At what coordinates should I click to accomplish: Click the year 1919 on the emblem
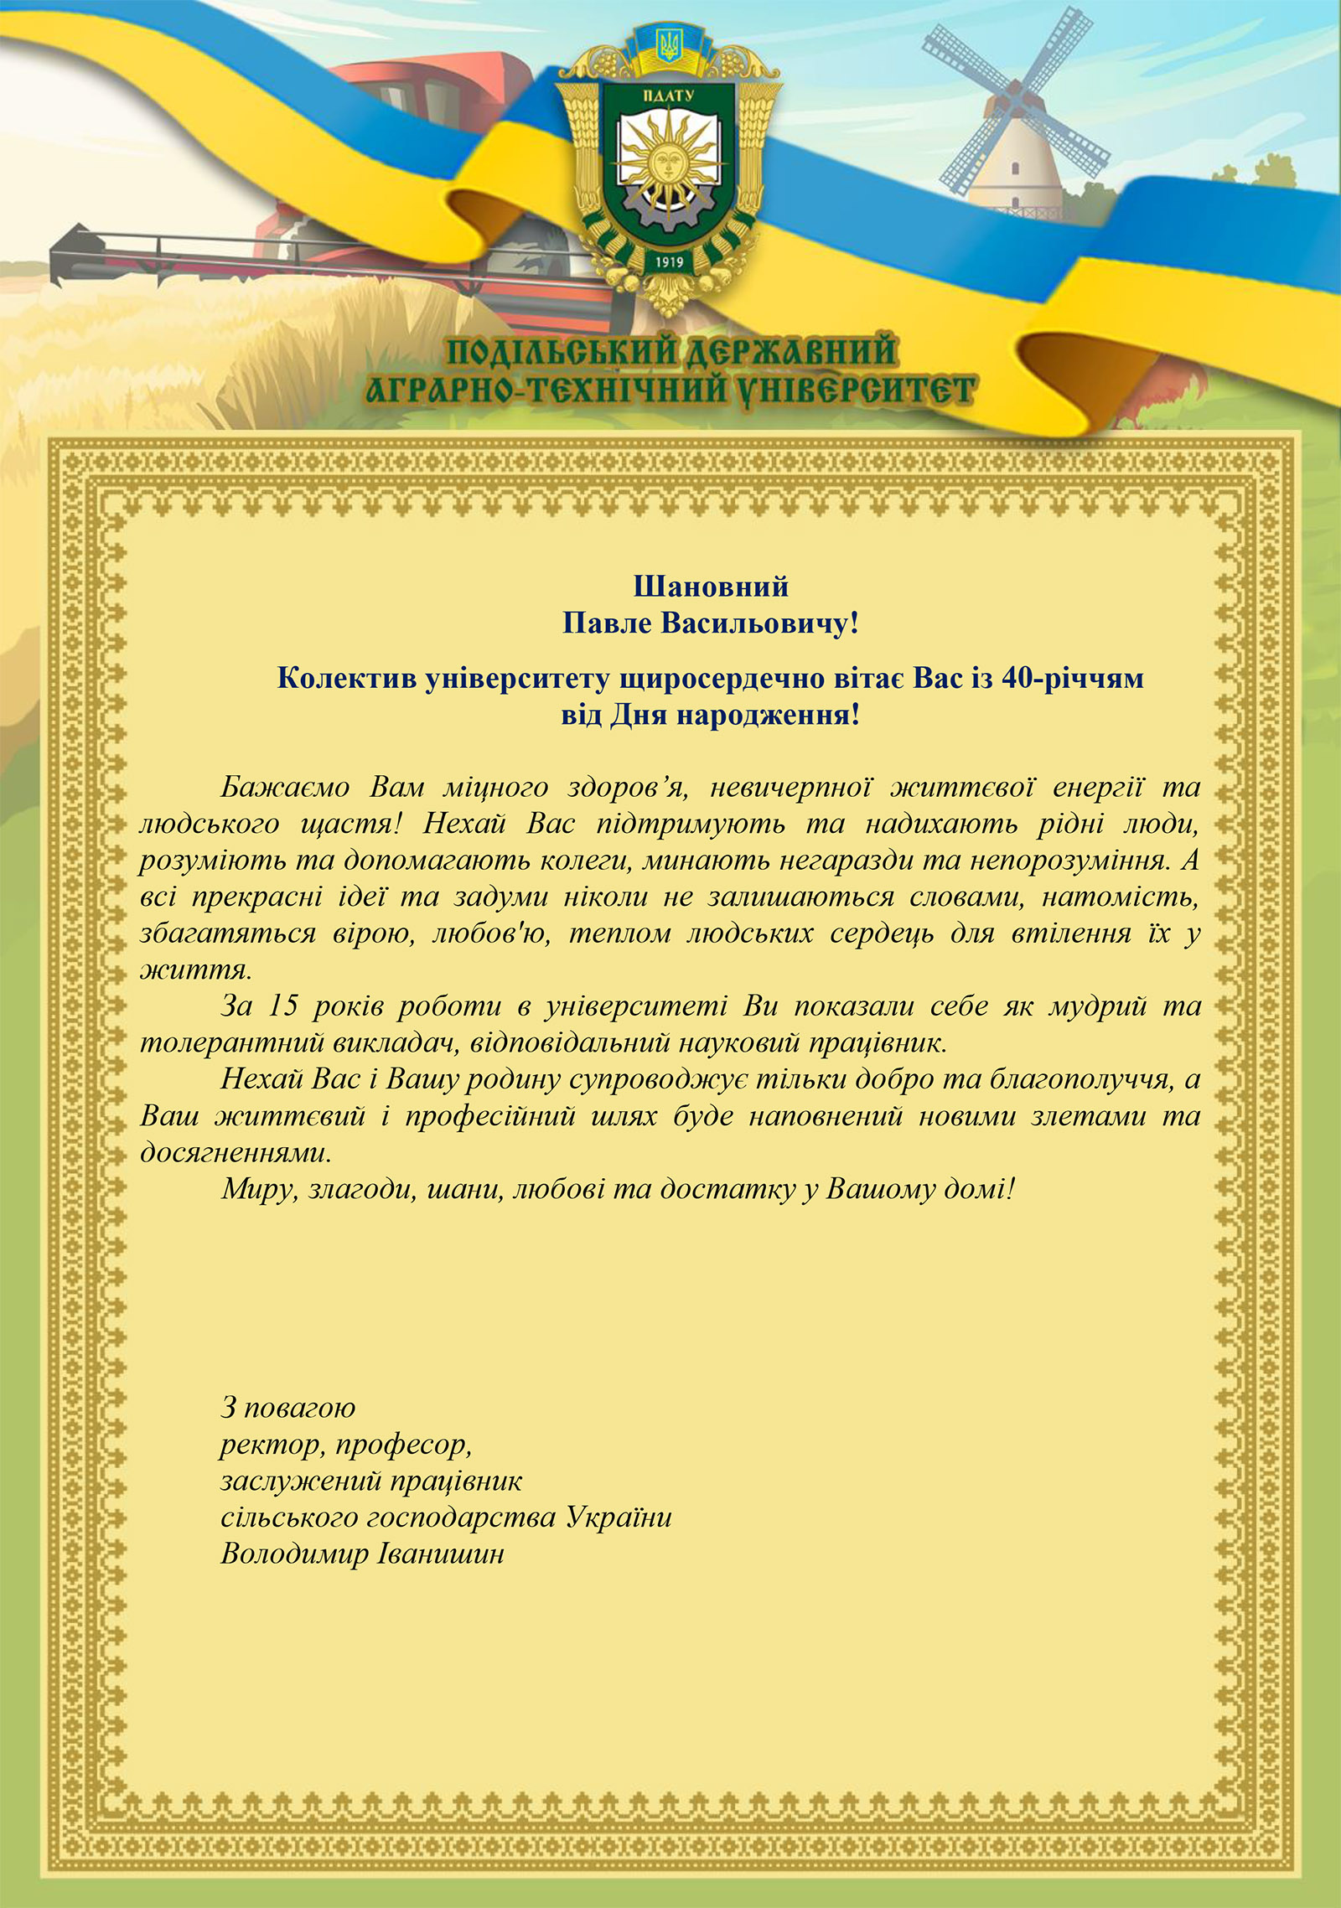click(x=669, y=261)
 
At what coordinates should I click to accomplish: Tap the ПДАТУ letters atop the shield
click(x=668, y=96)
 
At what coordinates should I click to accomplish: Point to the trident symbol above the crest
click(x=669, y=43)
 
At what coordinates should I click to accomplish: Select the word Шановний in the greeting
click(x=711, y=586)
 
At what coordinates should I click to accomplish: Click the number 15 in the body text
click(x=283, y=1006)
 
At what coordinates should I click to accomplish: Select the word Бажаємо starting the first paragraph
click(x=285, y=787)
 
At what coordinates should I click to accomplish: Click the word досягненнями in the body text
click(x=236, y=1152)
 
